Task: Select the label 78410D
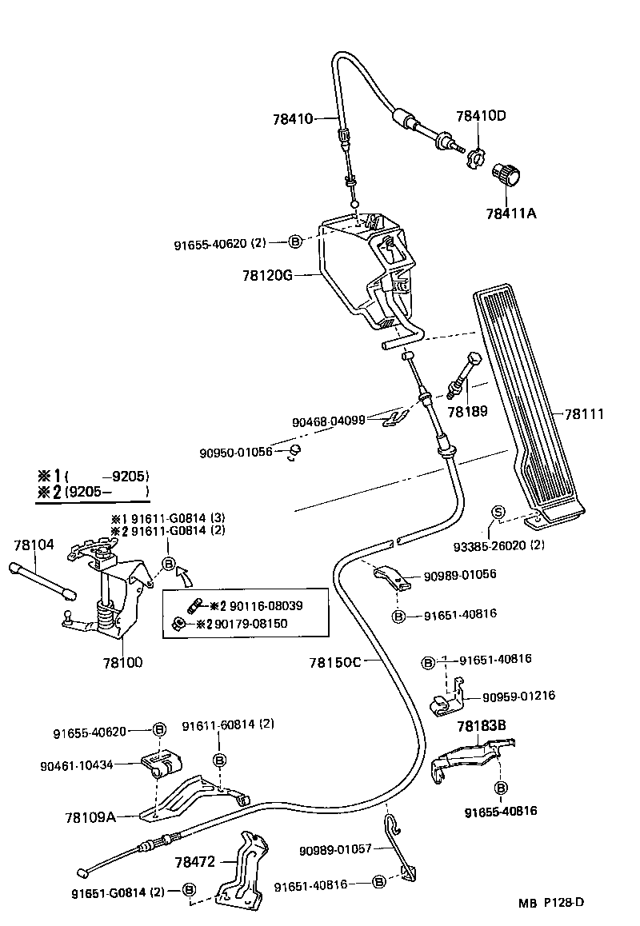coord(481,116)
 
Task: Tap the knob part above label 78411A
coord(505,173)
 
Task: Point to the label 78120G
coord(267,276)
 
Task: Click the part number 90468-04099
coord(328,419)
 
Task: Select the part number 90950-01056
coord(236,453)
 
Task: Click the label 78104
coord(34,545)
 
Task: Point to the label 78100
coord(122,662)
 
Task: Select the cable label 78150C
coord(335,661)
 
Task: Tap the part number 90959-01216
coord(518,696)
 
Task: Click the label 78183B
coord(482,726)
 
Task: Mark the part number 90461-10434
coord(76,765)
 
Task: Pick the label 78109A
coord(90,816)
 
